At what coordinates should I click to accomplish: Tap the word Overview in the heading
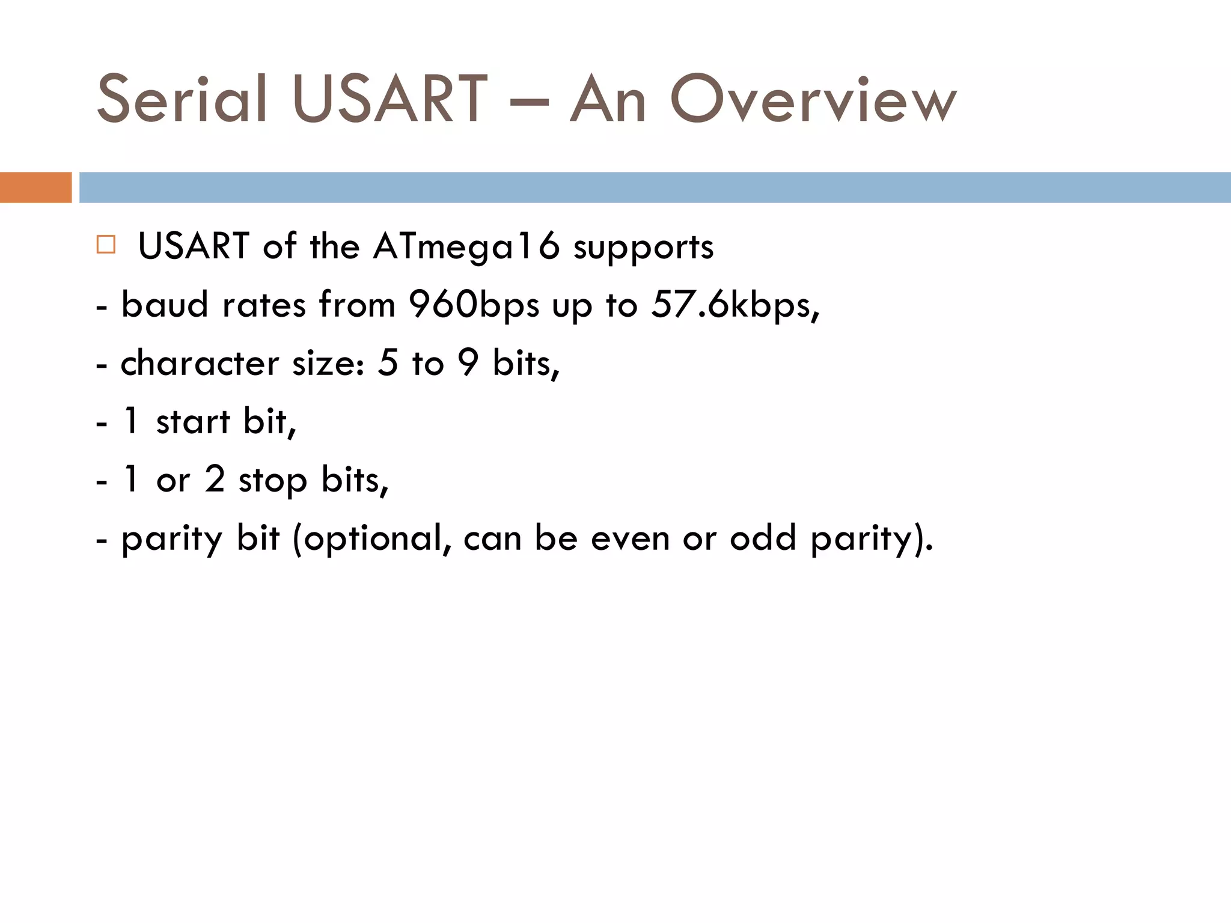coord(813,99)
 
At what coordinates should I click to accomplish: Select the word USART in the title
coord(389,99)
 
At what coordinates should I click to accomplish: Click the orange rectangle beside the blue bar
coord(35,187)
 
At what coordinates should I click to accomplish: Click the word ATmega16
coord(466,246)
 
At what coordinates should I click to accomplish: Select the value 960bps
coord(474,305)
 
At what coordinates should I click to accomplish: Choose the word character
coord(200,364)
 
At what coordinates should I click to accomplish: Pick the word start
coord(193,421)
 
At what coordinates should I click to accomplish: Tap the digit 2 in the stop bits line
coord(215,480)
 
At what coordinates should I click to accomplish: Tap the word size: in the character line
coord(328,364)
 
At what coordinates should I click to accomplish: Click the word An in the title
coord(608,99)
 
